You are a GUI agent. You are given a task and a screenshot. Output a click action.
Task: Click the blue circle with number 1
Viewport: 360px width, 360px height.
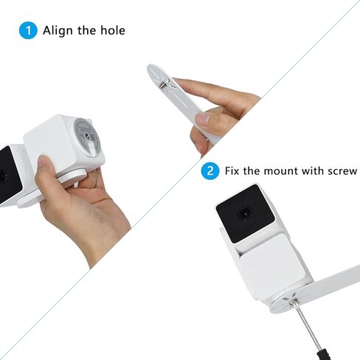click(27, 30)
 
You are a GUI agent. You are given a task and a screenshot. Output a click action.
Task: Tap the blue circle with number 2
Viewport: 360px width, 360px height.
click(211, 171)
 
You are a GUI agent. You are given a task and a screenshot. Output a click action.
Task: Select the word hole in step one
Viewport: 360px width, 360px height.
click(112, 30)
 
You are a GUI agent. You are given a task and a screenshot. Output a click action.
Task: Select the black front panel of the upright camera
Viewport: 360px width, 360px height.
click(247, 214)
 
